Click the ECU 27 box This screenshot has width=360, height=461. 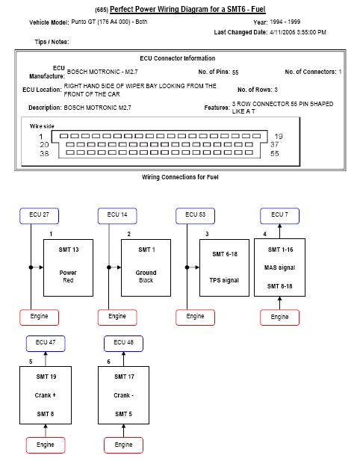pos(39,216)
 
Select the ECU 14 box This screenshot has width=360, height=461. pos(117,216)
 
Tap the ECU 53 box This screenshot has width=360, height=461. pos(195,216)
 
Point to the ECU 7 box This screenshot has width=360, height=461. pos(280,216)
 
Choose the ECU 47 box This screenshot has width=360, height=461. pos(46,344)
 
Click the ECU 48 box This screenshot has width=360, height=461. pos(123,344)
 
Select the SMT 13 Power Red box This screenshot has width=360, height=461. pos(68,267)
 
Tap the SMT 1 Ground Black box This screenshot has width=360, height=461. pos(146,267)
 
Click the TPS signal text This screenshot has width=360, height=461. pos(224,280)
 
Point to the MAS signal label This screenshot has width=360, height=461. pos(279,267)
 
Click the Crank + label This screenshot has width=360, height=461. pos(46,395)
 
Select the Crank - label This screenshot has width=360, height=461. pos(123,395)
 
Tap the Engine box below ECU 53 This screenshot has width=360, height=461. pos(195,318)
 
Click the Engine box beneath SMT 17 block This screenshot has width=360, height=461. pos(123,445)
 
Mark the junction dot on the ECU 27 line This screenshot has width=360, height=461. pos(31,267)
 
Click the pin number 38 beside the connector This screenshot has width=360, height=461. pos(44,153)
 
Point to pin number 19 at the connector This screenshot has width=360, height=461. pos(279,137)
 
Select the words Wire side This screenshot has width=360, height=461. pos(42,126)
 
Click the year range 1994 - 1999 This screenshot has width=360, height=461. pos(285,22)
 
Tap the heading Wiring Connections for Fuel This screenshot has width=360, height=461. pos(180,177)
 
